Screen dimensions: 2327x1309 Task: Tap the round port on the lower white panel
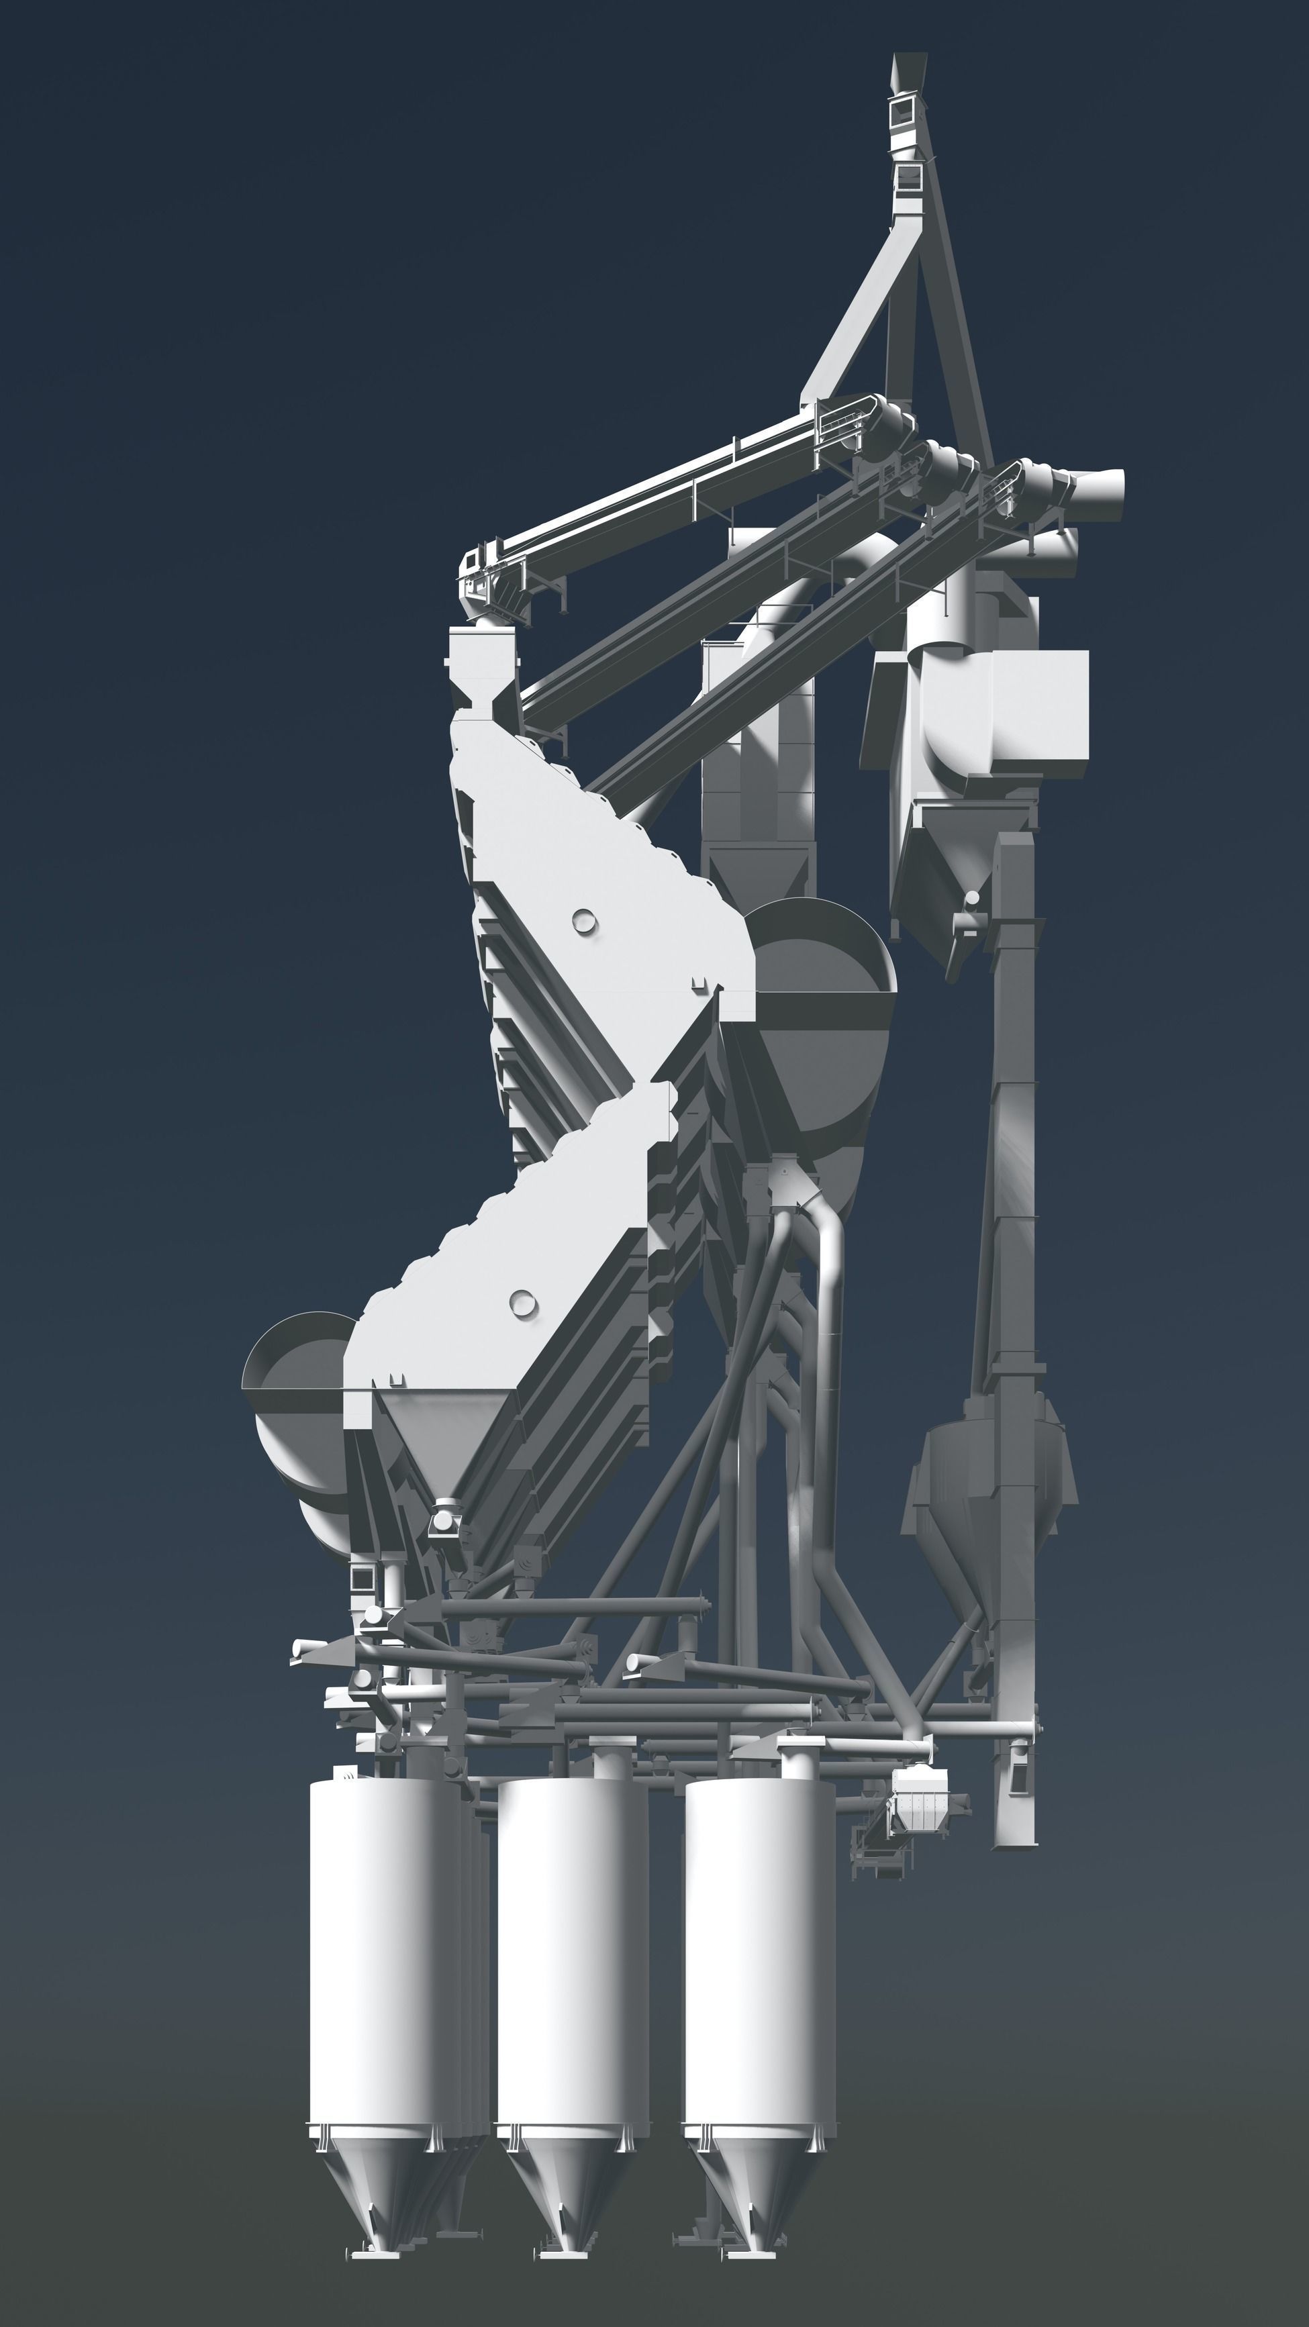pos(522,1301)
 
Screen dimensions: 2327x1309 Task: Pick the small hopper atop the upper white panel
pos(483,666)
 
